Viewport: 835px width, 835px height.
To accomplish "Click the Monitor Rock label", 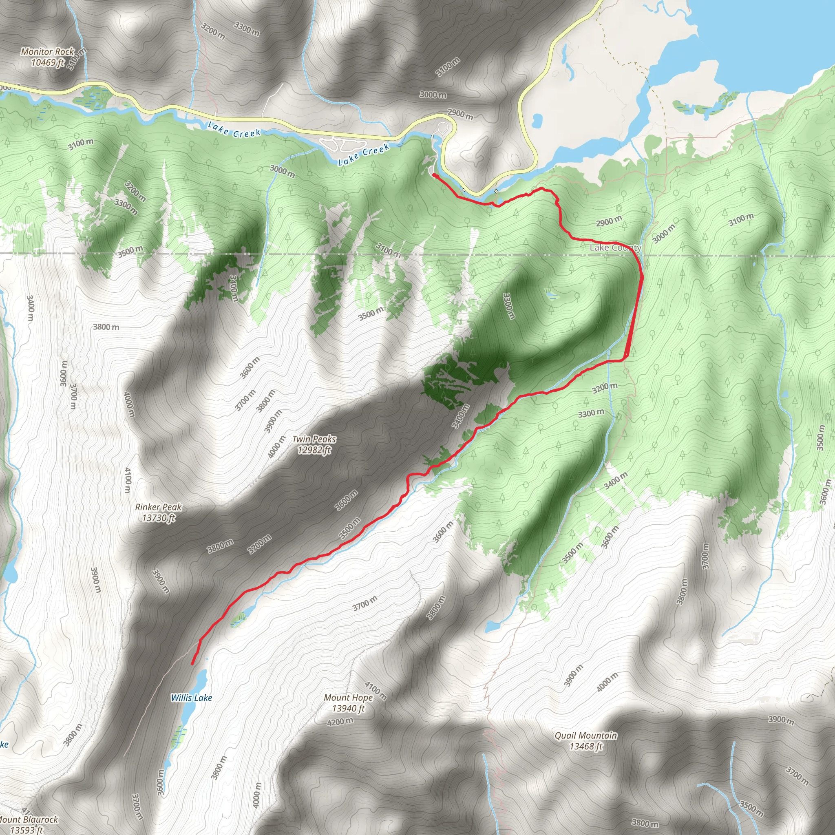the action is click(x=48, y=57).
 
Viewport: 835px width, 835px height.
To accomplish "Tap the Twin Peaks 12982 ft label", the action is click(x=314, y=444).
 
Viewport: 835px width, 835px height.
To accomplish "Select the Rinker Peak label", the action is click(x=159, y=512).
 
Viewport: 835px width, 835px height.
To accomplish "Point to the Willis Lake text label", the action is click(x=192, y=698).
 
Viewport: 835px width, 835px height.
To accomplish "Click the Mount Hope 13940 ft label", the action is click(x=348, y=703).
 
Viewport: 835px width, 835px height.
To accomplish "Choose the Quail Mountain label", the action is click(x=586, y=741).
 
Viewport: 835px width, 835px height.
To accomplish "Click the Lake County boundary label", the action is click(x=615, y=247).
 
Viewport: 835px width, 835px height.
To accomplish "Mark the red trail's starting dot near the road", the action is click(x=433, y=175).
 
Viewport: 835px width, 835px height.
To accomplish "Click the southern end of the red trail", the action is click(x=192, y=663).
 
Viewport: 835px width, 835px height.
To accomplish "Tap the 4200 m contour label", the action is click(x=340, y=721).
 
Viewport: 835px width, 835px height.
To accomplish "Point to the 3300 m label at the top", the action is click(x=247, y=29).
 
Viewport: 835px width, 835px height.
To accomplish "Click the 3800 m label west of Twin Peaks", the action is click(x=106, y=327).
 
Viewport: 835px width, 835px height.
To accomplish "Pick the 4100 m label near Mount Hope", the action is click(x=376, y=691).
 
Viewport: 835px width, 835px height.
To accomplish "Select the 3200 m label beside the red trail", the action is click(x=605, y=388).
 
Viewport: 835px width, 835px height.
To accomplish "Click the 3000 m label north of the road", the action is click(x=433, y=95).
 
